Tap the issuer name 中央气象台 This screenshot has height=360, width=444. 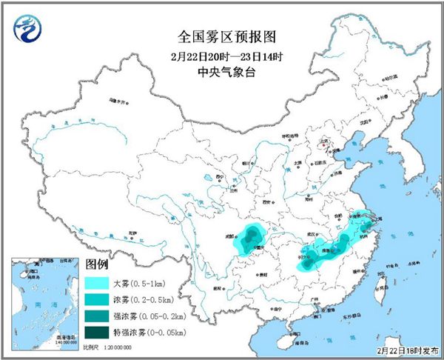click(x=221, y=72)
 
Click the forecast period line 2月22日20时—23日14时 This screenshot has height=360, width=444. click(x=221, y=54)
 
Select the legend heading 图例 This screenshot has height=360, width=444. click(x=98, y=264)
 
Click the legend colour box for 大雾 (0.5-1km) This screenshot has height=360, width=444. click(x=97, y=282)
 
